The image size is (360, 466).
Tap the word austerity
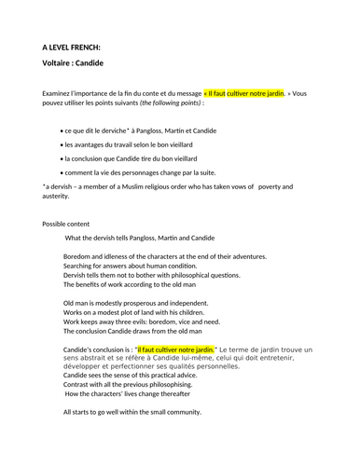tap(59, 198)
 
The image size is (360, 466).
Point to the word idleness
tap(122, 256)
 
